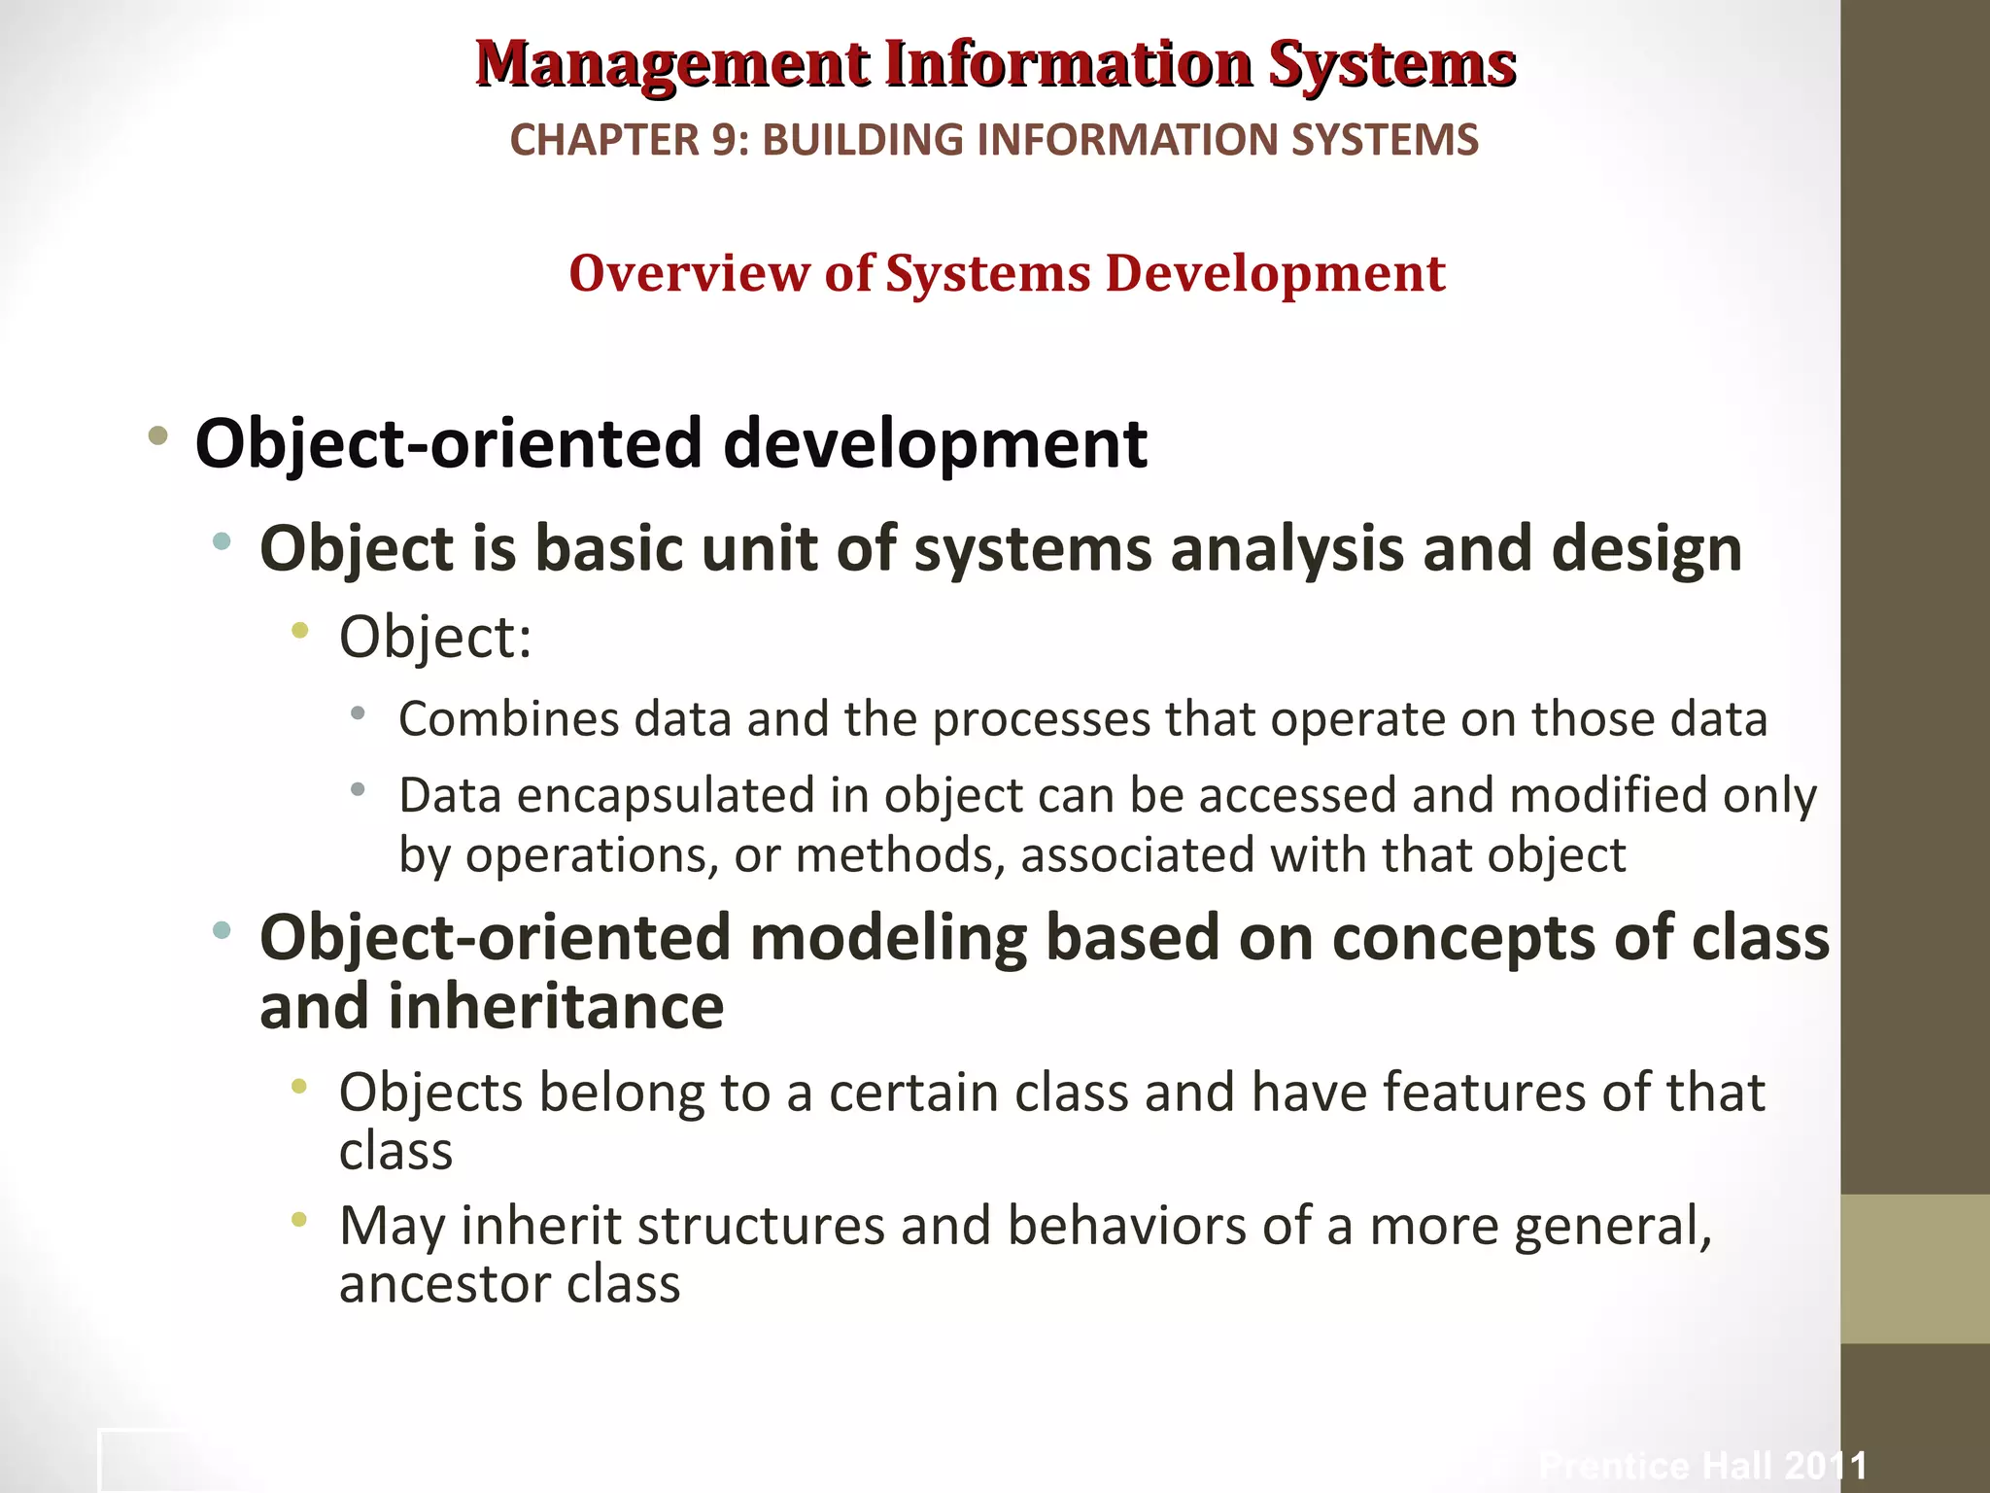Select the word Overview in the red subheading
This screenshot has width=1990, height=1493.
689,273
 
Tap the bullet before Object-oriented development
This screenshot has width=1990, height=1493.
157,435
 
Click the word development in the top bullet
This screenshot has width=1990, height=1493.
935,443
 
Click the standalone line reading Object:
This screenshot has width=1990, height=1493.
435,638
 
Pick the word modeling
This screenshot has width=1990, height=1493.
888,939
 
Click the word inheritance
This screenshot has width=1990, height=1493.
556,1007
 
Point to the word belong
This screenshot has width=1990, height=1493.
621,1093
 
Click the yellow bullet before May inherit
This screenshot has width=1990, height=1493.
299,1218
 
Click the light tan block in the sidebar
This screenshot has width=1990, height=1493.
1914,1268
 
